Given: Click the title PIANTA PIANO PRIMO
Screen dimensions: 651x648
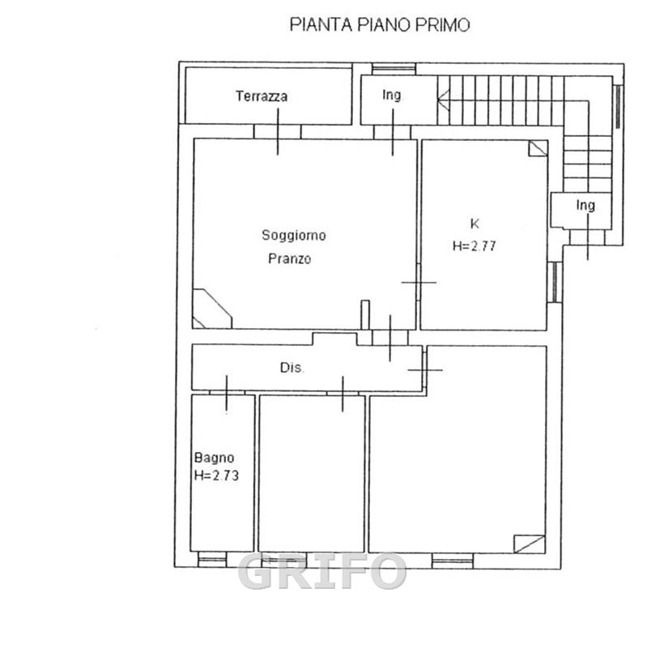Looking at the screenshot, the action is [380, 24].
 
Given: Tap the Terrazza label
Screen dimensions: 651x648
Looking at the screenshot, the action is [262, 96].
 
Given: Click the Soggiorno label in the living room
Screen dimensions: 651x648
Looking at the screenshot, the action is [294, 236].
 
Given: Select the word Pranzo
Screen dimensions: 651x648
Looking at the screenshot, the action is [289, 258].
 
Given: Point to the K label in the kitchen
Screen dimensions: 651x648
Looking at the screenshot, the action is [474, 224].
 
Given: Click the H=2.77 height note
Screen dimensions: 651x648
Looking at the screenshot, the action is [474, 246].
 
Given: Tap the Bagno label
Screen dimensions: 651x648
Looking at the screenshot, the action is [214, 458].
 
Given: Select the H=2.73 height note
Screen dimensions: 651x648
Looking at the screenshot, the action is [216, 475].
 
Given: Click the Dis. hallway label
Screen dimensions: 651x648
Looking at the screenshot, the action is [292, 368].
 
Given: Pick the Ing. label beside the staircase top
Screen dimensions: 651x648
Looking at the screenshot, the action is [392, 95].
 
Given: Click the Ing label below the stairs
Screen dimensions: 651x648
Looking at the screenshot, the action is [585, 205].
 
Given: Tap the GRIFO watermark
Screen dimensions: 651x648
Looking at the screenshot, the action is [322, 571].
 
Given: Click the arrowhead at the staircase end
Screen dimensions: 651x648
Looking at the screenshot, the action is [443, 100].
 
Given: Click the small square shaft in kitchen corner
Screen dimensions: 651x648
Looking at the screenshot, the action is [538, 148].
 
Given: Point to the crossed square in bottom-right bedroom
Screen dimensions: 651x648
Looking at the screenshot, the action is [530, 544].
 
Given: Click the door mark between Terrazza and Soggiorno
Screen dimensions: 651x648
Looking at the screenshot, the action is [278, 131].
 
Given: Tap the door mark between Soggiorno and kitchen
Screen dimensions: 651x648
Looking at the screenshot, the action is [419, 283].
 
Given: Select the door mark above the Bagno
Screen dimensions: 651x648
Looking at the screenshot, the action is [227, 394].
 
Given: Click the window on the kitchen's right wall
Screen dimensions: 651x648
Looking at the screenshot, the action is [554, 282].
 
